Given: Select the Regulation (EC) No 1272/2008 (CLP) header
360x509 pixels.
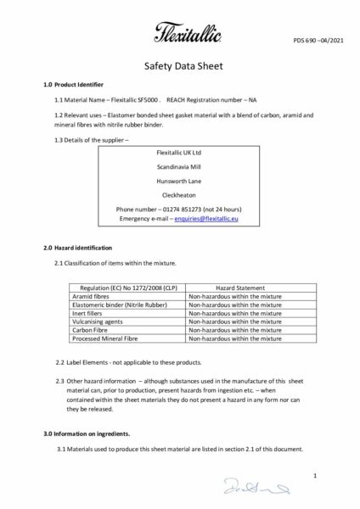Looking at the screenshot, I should coord(123,288).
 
